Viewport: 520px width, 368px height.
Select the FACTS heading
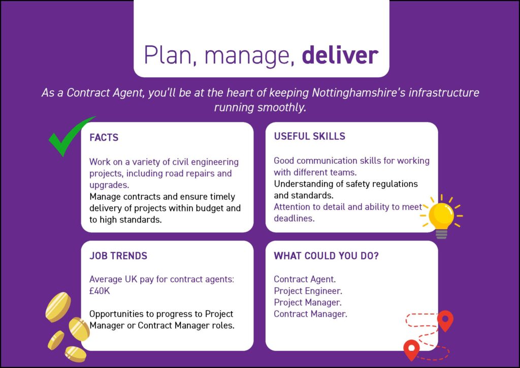pos(104,137)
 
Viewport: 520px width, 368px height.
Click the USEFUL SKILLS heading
pos(309,136)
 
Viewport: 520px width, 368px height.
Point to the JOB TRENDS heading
pos(118,256)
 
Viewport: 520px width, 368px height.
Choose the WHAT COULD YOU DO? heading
pos(326,256)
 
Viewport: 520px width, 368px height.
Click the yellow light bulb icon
pos(441,216)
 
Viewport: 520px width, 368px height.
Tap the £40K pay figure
pos(100,291)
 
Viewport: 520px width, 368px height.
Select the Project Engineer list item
pos(308,291)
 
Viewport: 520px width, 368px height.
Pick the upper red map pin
pos(445,321)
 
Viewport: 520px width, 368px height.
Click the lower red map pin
pos(411,350)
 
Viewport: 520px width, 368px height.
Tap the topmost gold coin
pos(58,307)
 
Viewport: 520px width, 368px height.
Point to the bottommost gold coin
pos(75,354)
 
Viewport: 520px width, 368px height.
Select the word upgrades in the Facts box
pos(109,185)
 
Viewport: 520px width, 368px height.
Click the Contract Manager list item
pos(310,314)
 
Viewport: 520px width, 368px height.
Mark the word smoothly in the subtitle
pos(282,108)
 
